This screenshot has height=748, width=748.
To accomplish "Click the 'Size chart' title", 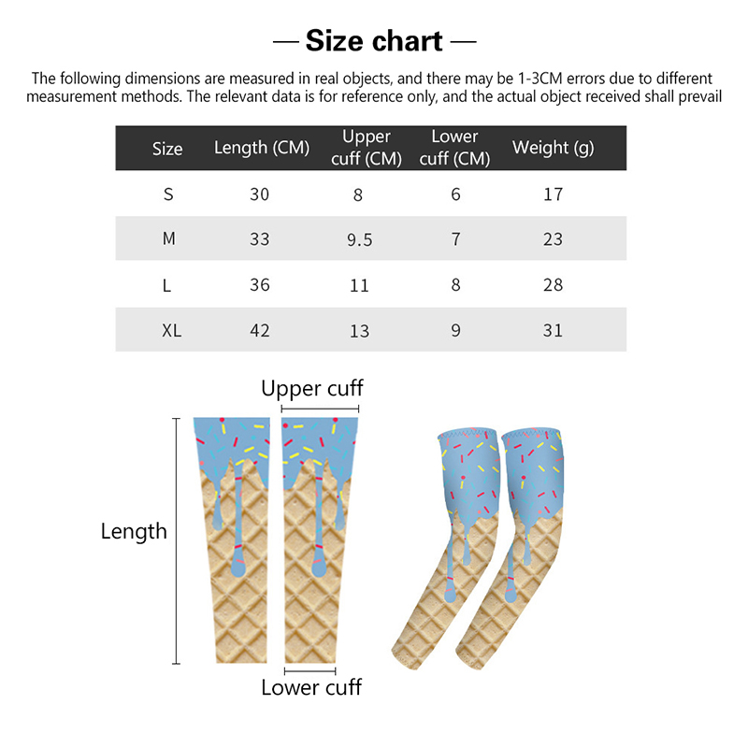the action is tap(374, 41).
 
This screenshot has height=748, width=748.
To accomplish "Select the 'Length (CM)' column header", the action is tap(262, 148).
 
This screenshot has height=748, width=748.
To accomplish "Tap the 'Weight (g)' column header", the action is tap(554, 148).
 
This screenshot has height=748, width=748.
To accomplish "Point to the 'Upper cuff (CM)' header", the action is tap(367, 148).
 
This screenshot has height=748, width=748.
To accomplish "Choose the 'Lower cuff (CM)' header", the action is tap(454, 148).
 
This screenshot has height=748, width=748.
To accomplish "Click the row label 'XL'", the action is tap(172, 331).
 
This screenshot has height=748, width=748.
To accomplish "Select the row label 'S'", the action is tap(168, 194).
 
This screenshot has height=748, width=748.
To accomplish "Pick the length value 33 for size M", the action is tap(260, 239).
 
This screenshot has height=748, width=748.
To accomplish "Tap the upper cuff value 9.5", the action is tap(360, 239).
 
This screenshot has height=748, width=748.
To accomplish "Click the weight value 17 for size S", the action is tap(554, 194).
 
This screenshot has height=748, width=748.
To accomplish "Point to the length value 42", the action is tap(260, 331).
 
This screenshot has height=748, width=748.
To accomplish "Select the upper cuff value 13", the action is tap(360, 331).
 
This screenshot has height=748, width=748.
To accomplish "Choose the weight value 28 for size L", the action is tap(554, 285).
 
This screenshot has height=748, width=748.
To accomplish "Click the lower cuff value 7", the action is tap(456, 239).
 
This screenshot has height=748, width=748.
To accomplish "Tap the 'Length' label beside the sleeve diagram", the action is tap(134, 531).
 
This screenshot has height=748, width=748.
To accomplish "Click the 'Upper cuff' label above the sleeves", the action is tap(312, 389).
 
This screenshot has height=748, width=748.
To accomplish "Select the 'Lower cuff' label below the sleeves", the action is tap(311, 687).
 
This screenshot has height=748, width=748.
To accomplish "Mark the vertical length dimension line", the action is tap(177, 541).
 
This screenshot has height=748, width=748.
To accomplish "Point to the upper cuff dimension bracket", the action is tap(320, 409).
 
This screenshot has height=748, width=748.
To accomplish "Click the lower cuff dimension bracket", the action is tap(310, 671).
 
